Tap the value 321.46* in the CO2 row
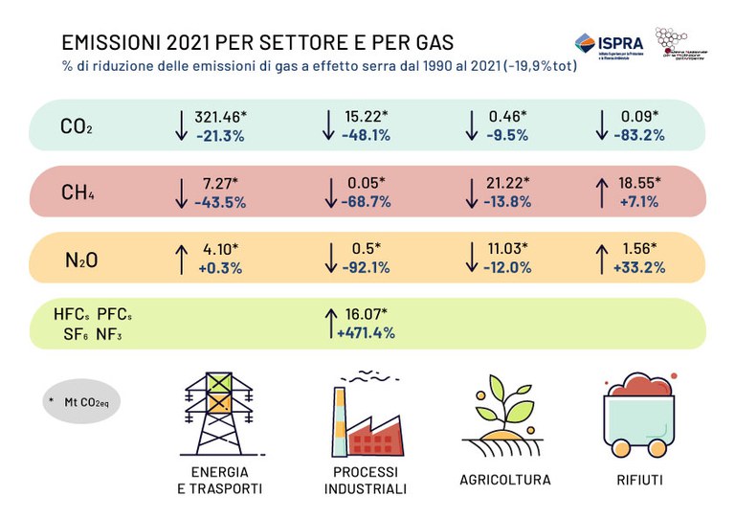tap(220, 116)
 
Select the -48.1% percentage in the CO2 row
tap(366, 135)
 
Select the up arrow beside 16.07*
tap(330, 323)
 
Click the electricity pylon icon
tap(220, 411)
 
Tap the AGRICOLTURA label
tap(504, 480)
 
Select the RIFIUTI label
tap(638, 480)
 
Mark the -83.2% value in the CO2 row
tap(636, 135)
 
